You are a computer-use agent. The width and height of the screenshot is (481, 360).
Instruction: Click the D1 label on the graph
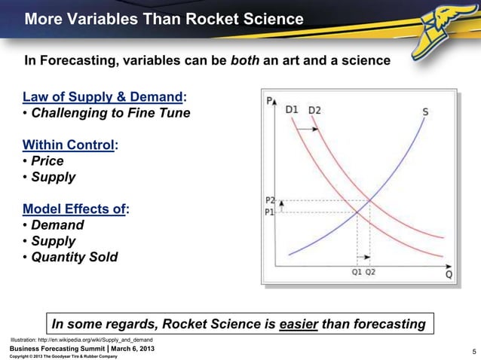click(x=292, y=110)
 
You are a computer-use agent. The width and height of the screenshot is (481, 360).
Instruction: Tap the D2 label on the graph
click(x=314, y=110)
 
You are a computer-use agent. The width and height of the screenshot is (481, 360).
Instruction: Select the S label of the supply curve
click(x=426, y=112)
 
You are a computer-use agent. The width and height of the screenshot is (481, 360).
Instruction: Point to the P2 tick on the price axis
click(x=270, y=200)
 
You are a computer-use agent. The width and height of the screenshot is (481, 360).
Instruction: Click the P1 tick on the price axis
click(x=270, y=212)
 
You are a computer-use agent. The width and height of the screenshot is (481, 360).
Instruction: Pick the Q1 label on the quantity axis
click(x=357, y=273)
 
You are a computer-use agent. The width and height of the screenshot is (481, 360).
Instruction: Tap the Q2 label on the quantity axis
click(x=370, y=273)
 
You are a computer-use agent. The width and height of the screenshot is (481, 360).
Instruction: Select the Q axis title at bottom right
click(x=449, y=275)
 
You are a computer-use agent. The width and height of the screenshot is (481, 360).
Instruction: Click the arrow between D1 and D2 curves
click(x=305, y=130)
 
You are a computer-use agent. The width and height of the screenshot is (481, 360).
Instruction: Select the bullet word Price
click(x=47, y=161)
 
